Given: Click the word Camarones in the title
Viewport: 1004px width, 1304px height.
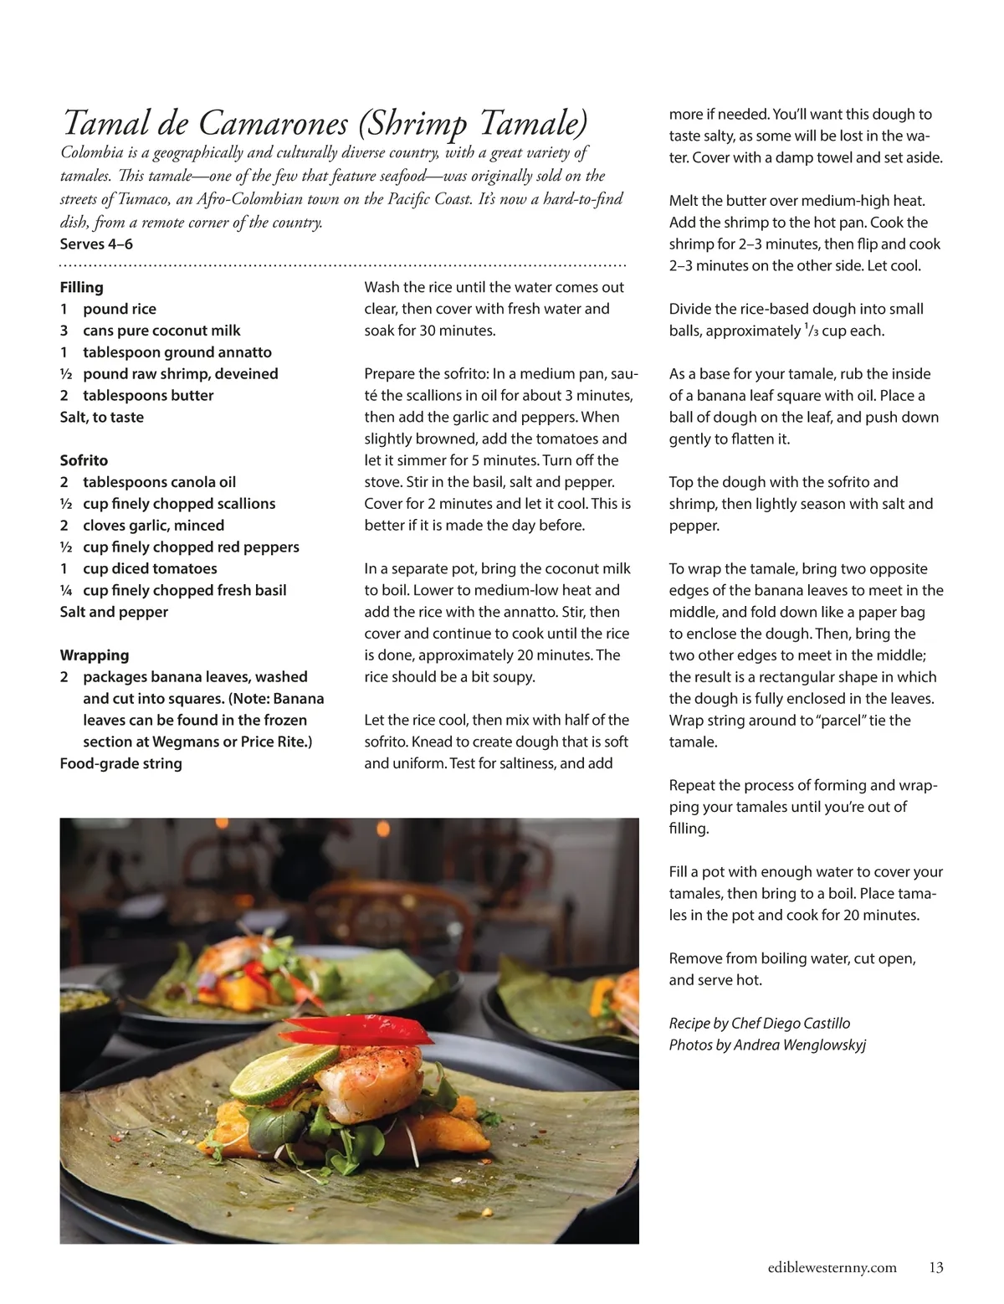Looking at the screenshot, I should pyautogui.click(x=273, y=124).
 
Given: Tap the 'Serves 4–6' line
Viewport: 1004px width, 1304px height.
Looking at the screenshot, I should pyautogui.click(x=96, y=244).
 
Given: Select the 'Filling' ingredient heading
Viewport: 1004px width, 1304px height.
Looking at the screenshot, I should pyautogui.click(x=82, y=287).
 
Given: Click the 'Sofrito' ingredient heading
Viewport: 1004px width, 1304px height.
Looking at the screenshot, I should pyautogui.click(x=84, y=460).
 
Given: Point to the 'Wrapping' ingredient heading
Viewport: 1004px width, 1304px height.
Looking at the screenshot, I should pyautogui.click(x=95, y=655).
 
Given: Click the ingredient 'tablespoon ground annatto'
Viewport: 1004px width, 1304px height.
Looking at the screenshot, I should pyautogui.click(x=177, y=352).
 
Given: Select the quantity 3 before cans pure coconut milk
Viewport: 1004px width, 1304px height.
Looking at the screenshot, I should pyautogui.click(x=64, y=331).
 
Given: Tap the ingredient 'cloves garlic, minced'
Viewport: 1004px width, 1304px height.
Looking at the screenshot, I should pyautogui.click(x=153, y=526).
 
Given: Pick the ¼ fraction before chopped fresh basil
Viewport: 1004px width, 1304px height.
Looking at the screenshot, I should pyautogui.click(x=64, y=591).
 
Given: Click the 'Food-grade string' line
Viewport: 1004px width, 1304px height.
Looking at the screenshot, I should pyautogui.click(x=120, y=763).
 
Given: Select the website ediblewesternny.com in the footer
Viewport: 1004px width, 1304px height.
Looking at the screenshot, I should pyautogui.click(x=832, y=1268).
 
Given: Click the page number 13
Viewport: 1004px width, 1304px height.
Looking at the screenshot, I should pyautogui.click(x=935, y=1268).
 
